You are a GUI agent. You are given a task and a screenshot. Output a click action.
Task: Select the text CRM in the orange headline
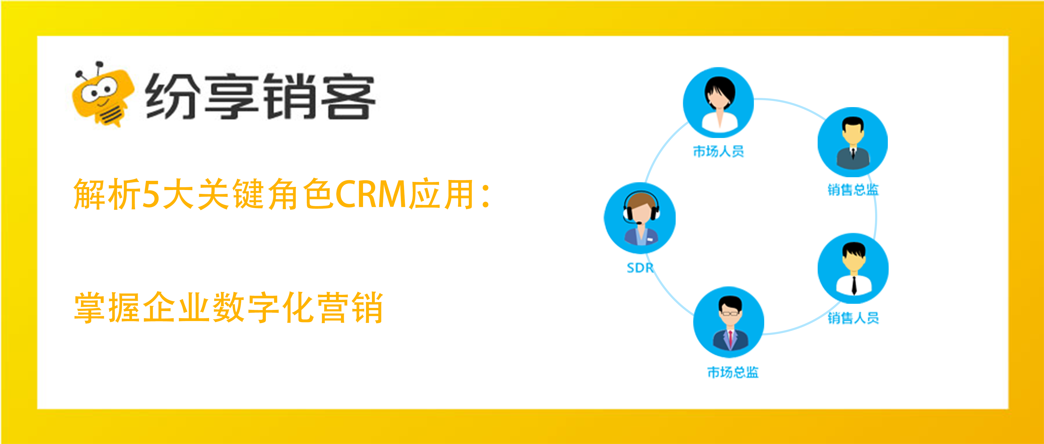[371, 194]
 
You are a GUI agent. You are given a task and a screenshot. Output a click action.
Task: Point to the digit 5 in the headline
[151, 195]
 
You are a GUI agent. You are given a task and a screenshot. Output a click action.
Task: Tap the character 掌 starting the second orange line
[90, 307]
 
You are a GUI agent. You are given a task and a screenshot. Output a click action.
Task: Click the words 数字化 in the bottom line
[263, 307]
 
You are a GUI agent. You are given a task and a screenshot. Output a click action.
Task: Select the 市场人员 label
[718, 151]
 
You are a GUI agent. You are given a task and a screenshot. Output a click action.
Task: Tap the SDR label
[640, 268]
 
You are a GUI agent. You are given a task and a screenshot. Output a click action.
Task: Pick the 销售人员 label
[853, 318]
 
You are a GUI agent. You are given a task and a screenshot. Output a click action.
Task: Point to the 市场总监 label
[733, 372]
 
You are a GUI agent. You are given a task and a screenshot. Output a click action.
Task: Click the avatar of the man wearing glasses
[729, 322]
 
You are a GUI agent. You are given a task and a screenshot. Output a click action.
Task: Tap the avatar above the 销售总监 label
[853, 142]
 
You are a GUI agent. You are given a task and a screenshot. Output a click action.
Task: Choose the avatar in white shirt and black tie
[853, 268]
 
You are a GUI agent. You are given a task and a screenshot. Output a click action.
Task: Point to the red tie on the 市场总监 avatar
[730, 339]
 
